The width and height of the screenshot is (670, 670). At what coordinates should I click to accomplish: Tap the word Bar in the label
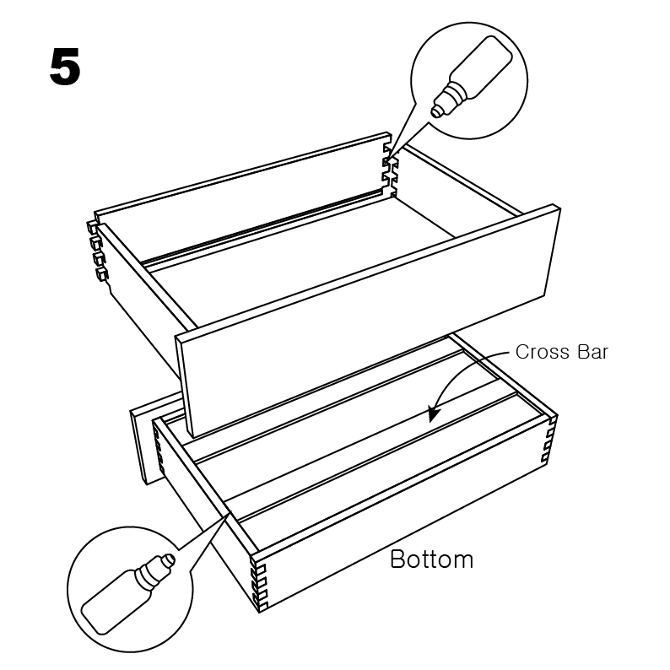coord(592,352)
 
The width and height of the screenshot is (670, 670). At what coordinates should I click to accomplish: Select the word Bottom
coord(431,559)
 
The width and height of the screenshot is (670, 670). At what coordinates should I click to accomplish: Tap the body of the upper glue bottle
coord(481,66)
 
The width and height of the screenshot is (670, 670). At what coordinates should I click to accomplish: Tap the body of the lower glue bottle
coord(116,602)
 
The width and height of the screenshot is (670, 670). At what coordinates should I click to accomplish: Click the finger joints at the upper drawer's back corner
coord(390,171)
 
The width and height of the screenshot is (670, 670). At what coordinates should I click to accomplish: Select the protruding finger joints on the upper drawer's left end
coord(97,250)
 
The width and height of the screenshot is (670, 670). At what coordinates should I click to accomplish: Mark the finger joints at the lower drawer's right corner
coord(550,440)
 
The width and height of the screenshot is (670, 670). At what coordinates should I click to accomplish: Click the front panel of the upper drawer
coord(367,321)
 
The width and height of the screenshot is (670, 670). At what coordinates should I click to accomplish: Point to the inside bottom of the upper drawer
coord(299,265)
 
